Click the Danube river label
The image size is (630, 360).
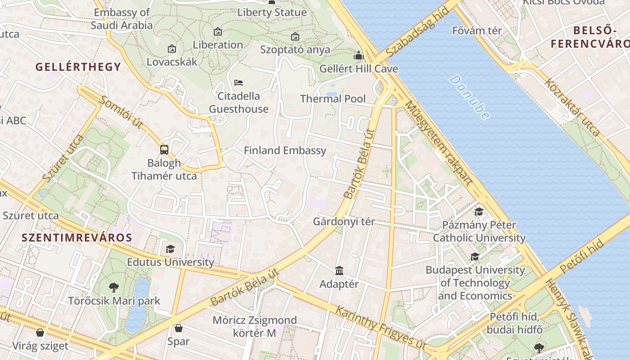(469, 97)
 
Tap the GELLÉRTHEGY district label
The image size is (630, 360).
(78, 67)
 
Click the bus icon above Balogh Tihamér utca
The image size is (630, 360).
(164, 150)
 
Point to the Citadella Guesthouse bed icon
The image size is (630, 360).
(238, 83)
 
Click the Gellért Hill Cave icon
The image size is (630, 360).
(359, 55)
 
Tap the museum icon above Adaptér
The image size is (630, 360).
(339, 270)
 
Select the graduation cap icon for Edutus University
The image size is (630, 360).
(170, 249)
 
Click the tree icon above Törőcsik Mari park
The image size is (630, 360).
(114, 287)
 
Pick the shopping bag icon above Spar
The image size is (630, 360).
(179, 328)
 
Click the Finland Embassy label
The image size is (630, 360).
(285, 150)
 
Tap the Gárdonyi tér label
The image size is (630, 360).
(344, 221)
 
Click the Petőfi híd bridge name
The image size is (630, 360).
(581, 257)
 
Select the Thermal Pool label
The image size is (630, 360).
(333, 99)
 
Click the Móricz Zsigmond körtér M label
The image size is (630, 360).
(255, 327)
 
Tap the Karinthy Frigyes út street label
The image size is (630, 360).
(380, 326)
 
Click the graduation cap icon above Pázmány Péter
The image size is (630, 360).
(479, 211)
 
